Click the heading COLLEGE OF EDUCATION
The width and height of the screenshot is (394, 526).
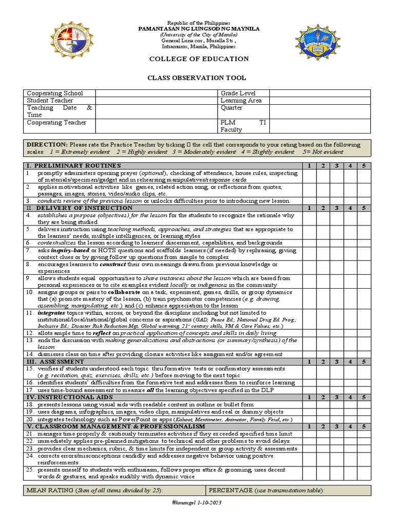point(199,59)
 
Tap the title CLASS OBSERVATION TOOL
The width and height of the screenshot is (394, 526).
point(197,78)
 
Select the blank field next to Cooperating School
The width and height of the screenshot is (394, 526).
point(156,93)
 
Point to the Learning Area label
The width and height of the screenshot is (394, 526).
point(241,101)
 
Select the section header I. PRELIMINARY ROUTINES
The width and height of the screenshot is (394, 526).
point(74,166)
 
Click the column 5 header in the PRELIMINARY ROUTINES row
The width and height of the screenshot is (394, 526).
point(363,166)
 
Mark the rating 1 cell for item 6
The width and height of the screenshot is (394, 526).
point(309,242)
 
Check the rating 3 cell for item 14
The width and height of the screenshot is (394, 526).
point(336,354)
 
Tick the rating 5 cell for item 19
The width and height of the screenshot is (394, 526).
point(363,412)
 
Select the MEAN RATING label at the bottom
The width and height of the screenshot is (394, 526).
point(49,490)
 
